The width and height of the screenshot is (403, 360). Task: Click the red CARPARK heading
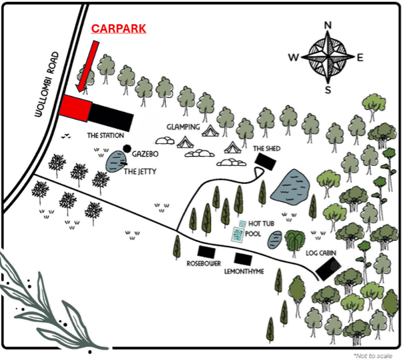119,29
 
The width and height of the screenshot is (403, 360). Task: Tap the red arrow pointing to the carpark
88,66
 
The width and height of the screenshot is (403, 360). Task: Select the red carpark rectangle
75,108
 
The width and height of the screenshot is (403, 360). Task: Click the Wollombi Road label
47,84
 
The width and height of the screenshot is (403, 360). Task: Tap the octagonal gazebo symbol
127,149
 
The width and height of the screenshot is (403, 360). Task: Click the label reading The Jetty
140,171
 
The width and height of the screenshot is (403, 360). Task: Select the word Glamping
183,127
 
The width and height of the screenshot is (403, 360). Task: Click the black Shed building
266,161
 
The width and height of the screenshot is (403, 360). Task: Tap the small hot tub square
243,223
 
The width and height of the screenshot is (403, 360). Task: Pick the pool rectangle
238,235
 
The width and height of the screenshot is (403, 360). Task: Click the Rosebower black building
206,252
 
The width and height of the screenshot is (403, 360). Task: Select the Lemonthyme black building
243,259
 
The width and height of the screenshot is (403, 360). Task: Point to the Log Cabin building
328,269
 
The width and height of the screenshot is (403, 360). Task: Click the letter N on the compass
328,25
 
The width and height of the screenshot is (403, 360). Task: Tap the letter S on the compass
328,90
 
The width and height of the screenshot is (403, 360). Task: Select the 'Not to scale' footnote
373,356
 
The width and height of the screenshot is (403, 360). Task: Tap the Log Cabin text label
321,253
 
